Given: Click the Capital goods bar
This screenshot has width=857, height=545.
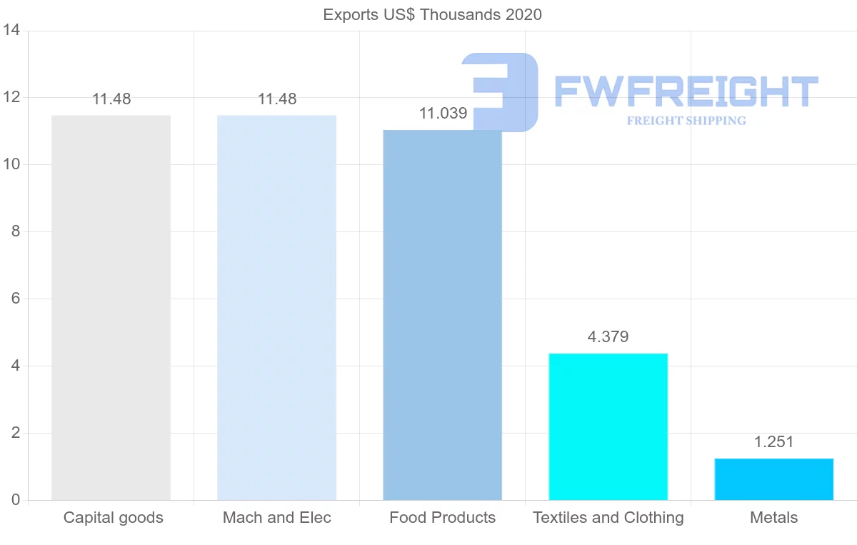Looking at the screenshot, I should click(111, 307).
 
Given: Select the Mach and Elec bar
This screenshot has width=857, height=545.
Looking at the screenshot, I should click(276, 307).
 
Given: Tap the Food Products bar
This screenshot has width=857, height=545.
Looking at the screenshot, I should click(442, 314).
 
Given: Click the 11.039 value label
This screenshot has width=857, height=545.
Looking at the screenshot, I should click(443, 114).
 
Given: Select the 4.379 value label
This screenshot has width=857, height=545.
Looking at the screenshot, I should click(608, 337).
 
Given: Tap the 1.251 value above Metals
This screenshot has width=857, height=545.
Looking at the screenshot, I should click(773, 442).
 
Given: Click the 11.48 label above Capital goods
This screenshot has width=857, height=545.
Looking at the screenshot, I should click(111, 99).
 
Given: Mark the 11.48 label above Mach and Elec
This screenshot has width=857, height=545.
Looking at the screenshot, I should click(277, 99).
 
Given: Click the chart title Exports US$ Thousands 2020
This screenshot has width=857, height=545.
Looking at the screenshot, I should click(432, 14).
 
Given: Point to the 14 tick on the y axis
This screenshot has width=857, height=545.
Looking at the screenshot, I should click(11, 31).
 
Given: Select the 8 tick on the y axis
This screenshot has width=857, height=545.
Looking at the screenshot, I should click(15, 231).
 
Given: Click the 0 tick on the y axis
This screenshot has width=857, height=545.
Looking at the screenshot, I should click(15, 500).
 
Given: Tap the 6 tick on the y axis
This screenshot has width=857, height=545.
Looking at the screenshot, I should click(15, 299).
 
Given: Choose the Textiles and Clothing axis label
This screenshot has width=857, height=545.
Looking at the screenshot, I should click(608, 518).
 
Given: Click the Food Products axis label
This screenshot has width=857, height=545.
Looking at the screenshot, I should click(442, 518).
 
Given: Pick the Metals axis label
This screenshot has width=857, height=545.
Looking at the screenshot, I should click(773, 518).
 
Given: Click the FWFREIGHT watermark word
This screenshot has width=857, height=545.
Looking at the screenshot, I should click(686, 91).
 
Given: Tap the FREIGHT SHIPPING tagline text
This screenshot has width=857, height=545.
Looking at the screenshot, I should click(686, 121).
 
